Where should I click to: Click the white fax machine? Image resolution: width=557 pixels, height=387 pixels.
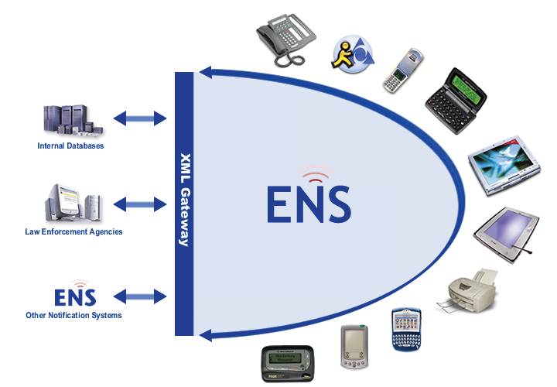coord(472,293)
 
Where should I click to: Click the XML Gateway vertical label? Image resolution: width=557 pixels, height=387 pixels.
coord(184,199)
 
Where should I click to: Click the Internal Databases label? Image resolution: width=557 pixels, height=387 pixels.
coord(70,146)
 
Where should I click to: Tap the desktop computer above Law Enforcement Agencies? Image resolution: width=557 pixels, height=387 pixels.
coord(70,205)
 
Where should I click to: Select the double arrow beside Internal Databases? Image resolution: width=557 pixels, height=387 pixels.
coord(140,118)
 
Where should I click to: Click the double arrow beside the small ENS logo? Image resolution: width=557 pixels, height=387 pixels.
coord(140,296)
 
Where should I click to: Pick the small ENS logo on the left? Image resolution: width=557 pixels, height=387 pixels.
coord(75,295)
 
